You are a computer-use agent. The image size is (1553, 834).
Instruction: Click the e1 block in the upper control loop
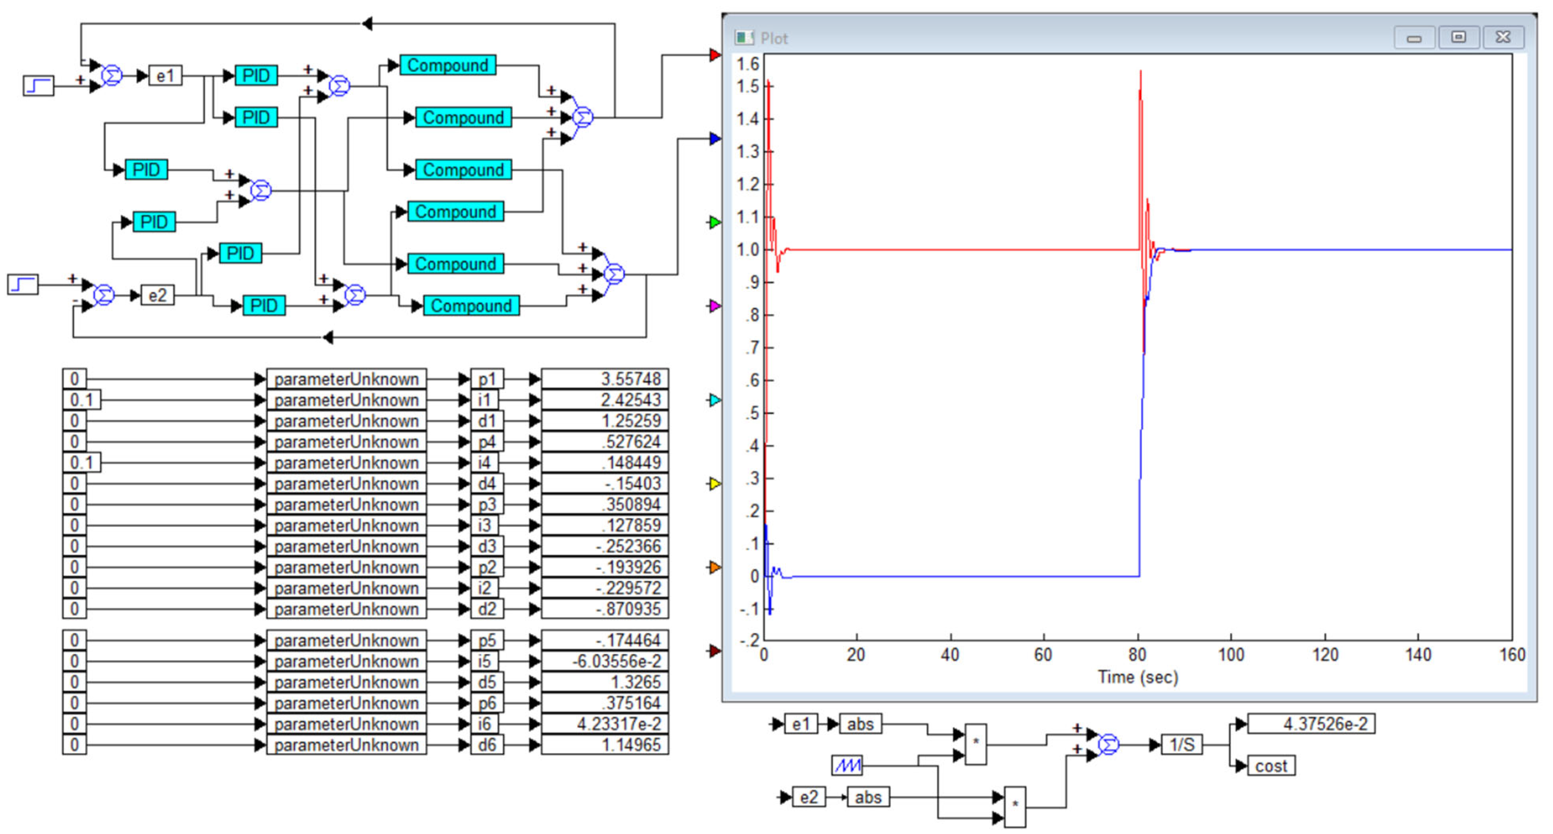coord(165,76)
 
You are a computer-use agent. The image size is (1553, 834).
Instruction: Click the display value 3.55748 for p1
coord(604,379)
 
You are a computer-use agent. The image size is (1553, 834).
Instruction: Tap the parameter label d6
coord(487,745)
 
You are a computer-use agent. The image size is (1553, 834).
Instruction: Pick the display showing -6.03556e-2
coord(604,661)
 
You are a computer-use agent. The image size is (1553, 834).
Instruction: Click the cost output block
coord(1271,766)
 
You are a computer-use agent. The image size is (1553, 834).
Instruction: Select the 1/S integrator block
coord(1181,745)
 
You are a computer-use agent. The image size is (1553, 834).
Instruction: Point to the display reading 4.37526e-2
coord(1311,724)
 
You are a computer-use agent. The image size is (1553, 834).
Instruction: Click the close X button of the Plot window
coord(1503,38)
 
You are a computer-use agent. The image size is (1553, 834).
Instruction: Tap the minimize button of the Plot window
coord(1414,38)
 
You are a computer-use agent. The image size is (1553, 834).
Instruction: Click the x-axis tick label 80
coord(1137,655)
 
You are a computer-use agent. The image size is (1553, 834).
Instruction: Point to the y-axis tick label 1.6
coord(748,64)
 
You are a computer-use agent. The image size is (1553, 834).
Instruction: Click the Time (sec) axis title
coord(1138,677)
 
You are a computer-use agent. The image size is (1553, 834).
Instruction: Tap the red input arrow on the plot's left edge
coord(714,55)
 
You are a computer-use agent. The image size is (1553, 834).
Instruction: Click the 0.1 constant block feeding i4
coord(81,463)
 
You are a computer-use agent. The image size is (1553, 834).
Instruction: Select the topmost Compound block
coord(447,65)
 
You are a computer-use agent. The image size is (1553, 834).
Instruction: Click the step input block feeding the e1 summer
coord(38,86)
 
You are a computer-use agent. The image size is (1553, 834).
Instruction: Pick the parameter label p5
coord(487,640)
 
